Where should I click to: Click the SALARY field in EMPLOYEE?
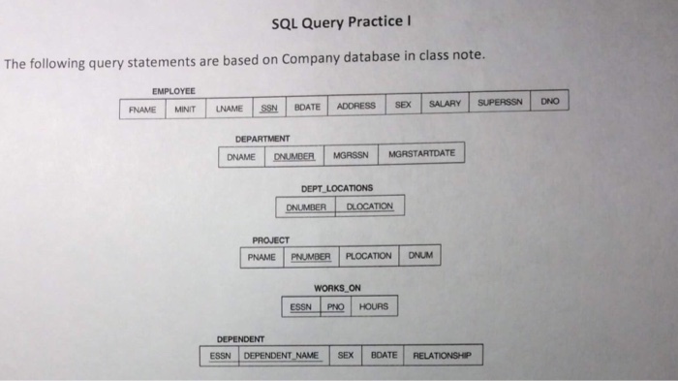[444, 103]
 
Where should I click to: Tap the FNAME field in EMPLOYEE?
[143, 109]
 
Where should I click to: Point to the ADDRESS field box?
[356, 105]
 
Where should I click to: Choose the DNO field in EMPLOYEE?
[550, 101]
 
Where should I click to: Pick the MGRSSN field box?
[350, 155]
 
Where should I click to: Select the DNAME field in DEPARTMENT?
[242, 156]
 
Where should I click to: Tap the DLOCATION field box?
[369, 206]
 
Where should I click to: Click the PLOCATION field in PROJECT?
[368, 256]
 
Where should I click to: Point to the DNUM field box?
[419, 256]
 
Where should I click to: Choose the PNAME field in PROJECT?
[262, 258]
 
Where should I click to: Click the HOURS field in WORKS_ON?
[373, 307]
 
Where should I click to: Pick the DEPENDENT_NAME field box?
[282, 356]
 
